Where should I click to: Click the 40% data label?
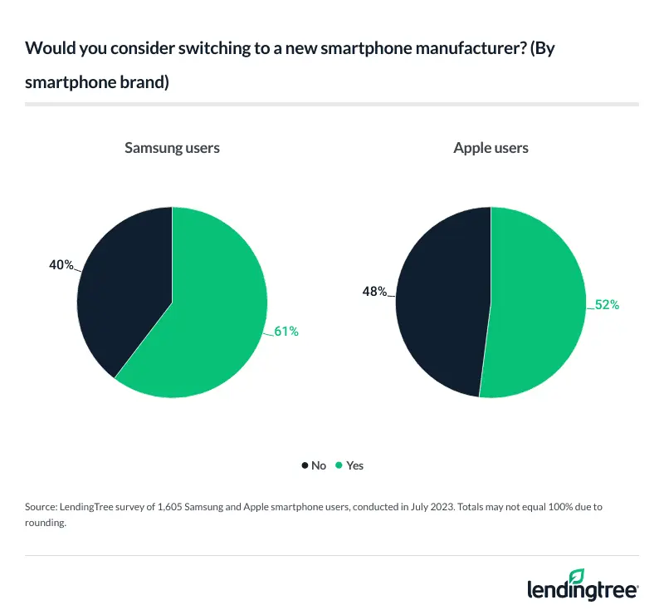pos(61,266)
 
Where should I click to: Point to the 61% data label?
pos(286,332)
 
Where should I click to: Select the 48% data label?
pos(374,292)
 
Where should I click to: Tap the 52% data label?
pos(607,305)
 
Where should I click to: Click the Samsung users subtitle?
pos(172,149)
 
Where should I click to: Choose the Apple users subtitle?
pos(491,149)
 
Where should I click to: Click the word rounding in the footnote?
pos(46,523)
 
